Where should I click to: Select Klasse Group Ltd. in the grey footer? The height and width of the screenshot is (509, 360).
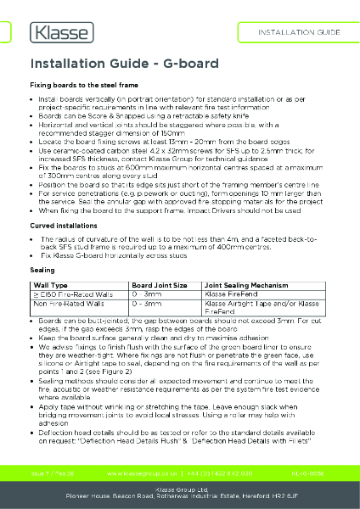pos(179,489)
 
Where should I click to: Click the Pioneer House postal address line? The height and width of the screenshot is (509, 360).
pos(179,498)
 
